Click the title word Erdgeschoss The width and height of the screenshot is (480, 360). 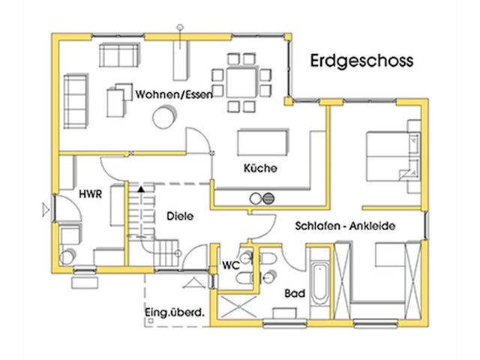(361, 60)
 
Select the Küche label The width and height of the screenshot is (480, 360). (260, 169)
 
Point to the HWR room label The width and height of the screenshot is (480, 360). (90, 193)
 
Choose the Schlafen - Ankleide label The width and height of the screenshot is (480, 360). (345, 226)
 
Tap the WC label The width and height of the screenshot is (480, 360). (230, 265)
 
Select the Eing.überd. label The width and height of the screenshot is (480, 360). (174, 313)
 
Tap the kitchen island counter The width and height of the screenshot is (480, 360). (262, 142)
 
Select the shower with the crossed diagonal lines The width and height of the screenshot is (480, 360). (236, 307)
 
